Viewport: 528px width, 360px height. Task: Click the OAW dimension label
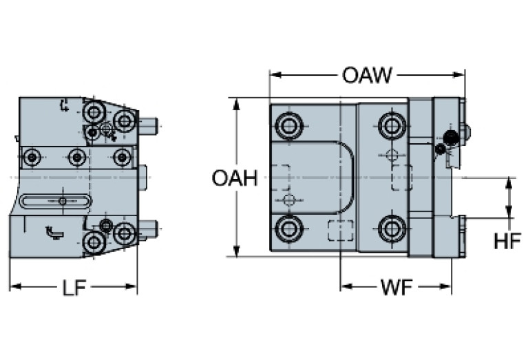tap(367, 74)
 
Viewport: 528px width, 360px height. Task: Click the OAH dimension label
tap(234, 178)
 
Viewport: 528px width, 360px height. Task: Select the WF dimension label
tap(397, 287)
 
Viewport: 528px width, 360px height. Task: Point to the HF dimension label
tap(507, 241)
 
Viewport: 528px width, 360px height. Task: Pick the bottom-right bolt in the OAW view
tap(392, 228)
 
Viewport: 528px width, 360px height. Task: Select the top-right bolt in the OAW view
tap(392, 125)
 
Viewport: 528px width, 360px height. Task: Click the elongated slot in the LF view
tap(62, 201)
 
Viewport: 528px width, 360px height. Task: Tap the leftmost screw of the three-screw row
tap(32, 158)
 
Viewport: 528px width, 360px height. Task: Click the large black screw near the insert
tap(451, 138)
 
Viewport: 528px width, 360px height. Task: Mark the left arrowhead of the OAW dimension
tap(273, 74)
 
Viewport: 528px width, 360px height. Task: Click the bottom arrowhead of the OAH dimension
tap(237, 253)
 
